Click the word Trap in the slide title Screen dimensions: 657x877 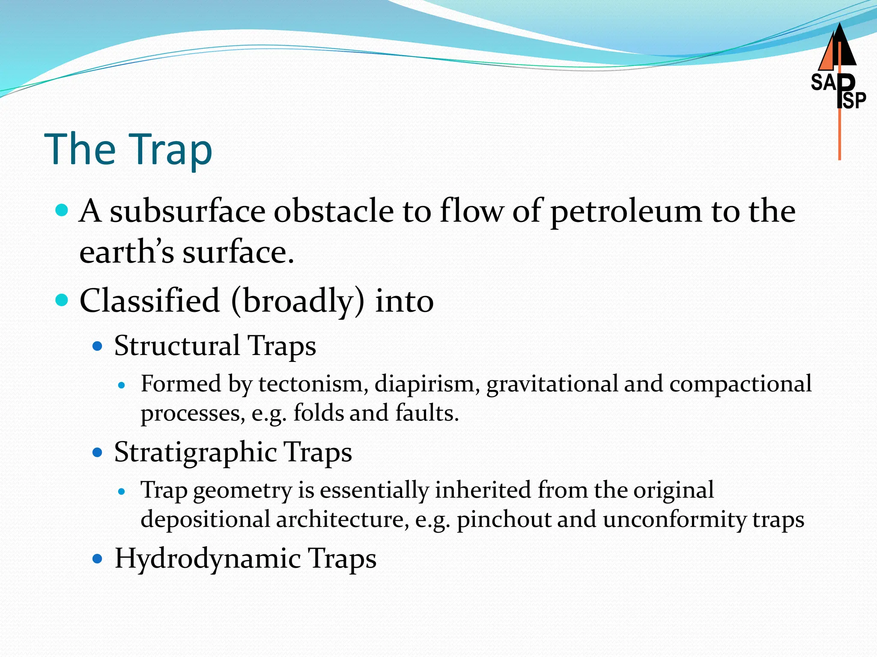170,149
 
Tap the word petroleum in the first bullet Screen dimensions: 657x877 626,212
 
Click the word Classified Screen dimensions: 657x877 149,300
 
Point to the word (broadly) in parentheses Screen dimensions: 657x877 298,301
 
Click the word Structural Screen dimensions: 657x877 176,346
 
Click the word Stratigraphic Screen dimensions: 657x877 195,452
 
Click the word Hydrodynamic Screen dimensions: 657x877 208,559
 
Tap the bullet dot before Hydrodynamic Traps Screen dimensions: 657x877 98,559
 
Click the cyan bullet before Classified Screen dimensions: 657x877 62,300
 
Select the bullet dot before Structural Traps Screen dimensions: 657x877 98,346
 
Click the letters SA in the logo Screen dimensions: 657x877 823,83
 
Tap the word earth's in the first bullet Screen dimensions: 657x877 126,252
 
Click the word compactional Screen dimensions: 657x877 740,384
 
